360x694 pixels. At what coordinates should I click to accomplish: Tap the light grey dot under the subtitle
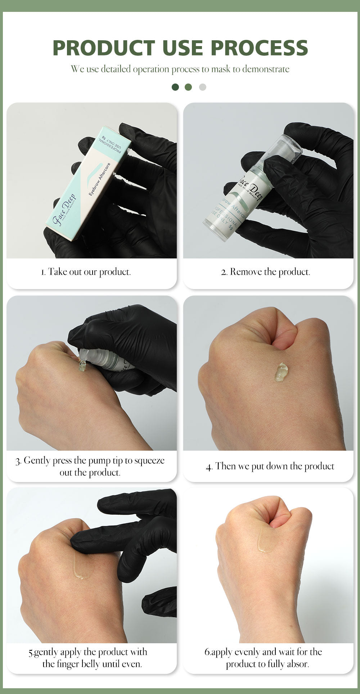point(203,87)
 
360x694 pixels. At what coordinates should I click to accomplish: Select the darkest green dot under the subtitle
point(175,87)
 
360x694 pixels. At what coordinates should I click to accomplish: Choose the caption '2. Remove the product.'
point(266,272)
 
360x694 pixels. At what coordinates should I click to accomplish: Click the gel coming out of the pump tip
point(82,366)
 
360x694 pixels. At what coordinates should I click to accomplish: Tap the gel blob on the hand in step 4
point(281,372)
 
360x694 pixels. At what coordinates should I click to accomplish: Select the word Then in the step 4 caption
point(224,466)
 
